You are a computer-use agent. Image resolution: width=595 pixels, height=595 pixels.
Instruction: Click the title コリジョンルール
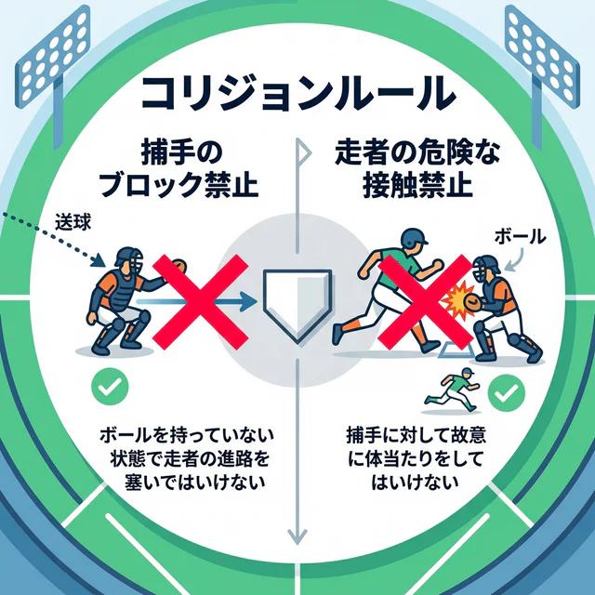(297, 94)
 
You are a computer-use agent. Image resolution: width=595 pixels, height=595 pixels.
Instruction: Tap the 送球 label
(73, 222)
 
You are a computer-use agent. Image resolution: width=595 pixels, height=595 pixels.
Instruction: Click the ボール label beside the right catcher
(520, 237)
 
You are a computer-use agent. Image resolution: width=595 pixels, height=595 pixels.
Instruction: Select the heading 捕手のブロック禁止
(178, 169)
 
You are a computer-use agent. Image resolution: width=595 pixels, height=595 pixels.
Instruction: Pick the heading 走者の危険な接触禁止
(417, 169)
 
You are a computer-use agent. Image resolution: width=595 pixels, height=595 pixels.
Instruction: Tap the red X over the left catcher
(201, 302)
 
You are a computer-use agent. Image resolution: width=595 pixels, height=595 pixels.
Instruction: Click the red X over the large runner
(426, 302)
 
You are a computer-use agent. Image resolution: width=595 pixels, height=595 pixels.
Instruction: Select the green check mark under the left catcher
(110, 387)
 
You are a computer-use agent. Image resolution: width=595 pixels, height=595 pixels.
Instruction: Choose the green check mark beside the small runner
(506, 393)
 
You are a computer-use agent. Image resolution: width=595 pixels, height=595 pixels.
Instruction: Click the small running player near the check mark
(452, 390)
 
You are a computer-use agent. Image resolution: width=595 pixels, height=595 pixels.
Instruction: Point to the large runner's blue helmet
(413, 238)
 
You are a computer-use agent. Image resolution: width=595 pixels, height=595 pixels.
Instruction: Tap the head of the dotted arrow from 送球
(99, 261)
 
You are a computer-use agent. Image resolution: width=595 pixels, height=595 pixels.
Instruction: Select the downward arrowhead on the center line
(297, 535)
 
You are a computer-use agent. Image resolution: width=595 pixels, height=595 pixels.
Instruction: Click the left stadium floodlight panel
(53, 57)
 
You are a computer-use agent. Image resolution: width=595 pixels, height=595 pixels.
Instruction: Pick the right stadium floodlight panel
(542, 57)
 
